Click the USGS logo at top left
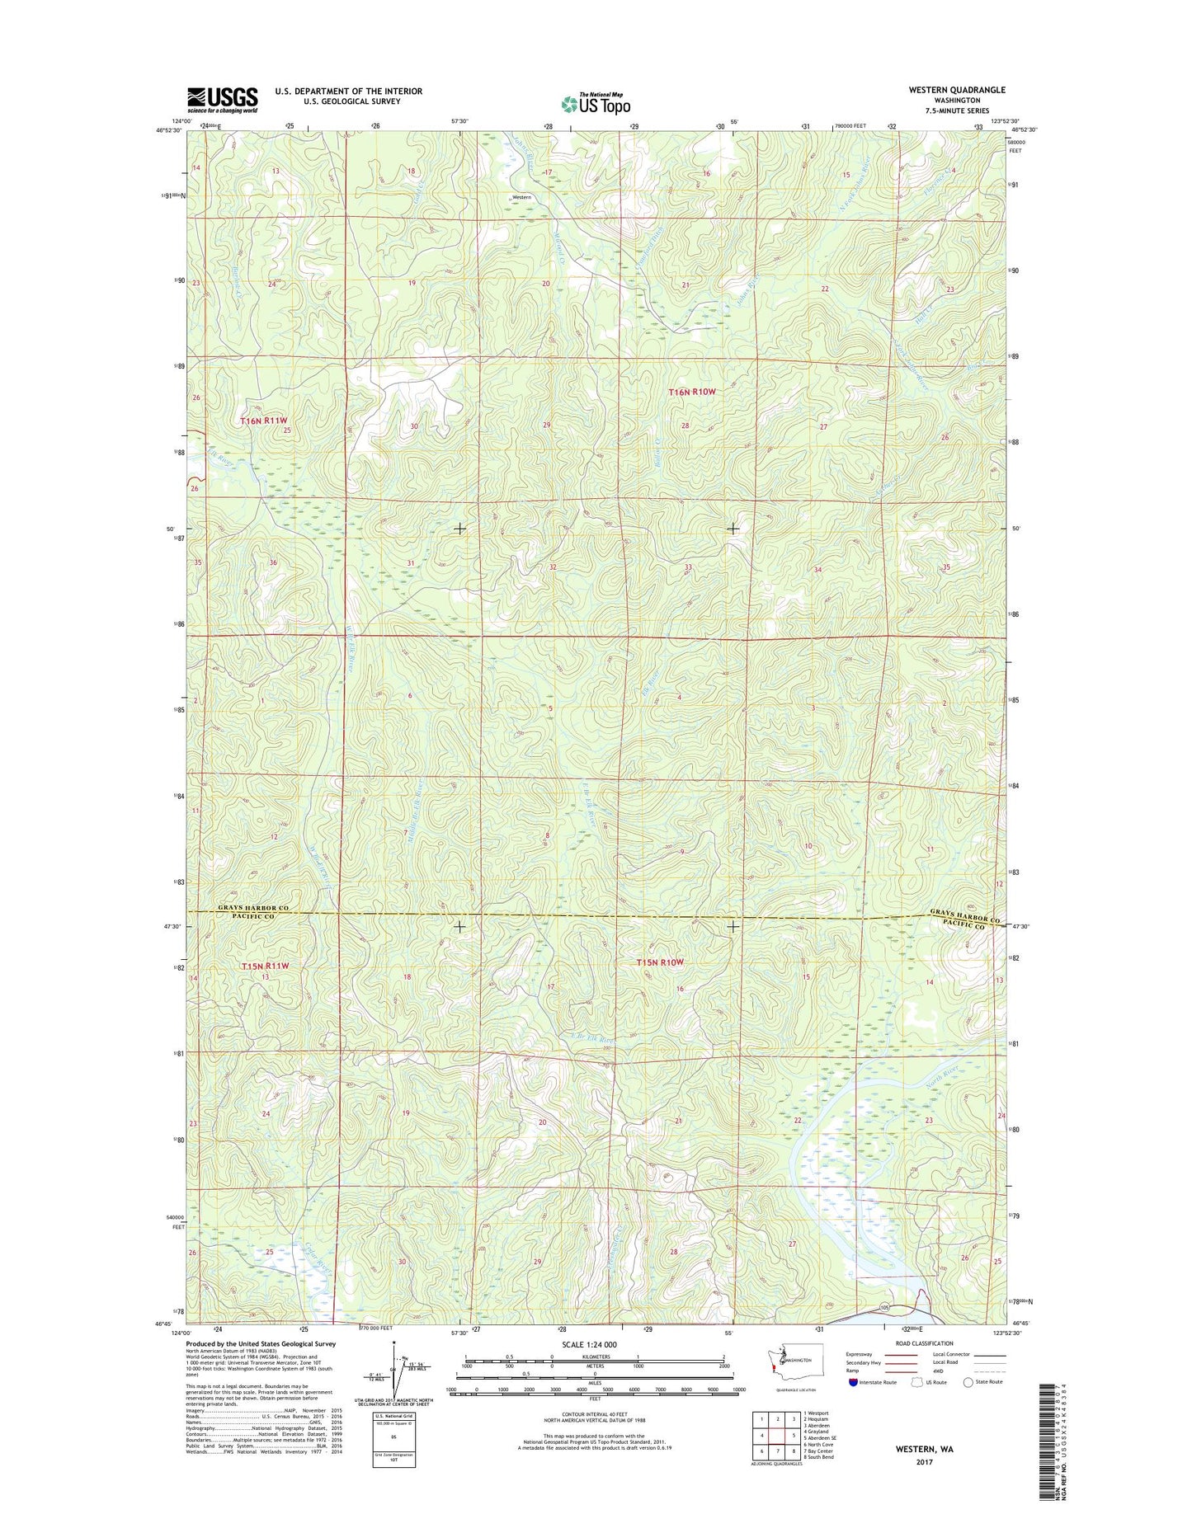click(222, 100)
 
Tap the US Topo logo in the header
click(596, 104)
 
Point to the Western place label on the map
click(521, 198)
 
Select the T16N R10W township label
click(690, 393)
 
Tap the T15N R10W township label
click(661, 962)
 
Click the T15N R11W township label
click(266, 966)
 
